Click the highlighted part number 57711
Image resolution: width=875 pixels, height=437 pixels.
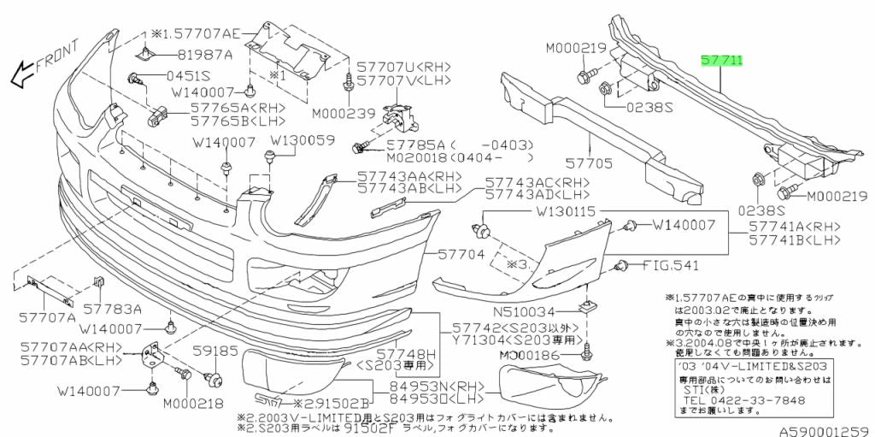point(722,61)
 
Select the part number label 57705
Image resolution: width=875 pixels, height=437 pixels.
point(589,161)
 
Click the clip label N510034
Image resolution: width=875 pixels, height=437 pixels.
point(531,311)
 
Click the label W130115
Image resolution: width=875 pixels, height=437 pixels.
point(570,210)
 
